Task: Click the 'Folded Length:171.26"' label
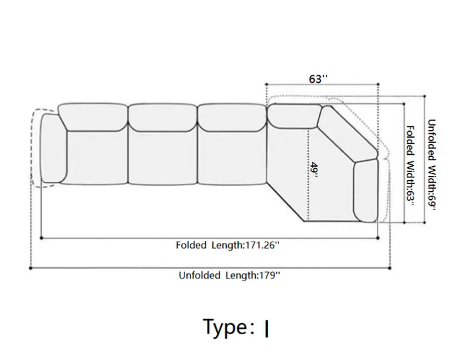pos(227,245)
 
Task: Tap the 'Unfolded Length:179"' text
pos(229,275)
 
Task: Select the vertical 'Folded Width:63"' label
pos(410,166)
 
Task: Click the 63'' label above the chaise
pos(318,79)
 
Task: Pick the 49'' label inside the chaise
pos(314,171)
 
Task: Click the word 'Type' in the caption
pos(225,327)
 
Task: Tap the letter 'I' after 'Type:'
pos(266,329)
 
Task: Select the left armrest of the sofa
pos(53,148)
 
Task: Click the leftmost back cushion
pos(93,117)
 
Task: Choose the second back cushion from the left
pos(163,118)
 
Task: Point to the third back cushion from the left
pos(232,118)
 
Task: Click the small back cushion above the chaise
pos(294,116)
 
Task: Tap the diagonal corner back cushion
pos(348,134)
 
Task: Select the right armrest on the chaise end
pos(366,191)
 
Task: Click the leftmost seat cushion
pos(97,157)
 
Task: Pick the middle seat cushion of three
pos(163,158)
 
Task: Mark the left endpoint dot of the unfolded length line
pos(30,268)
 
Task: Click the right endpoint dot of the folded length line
pos(378,238)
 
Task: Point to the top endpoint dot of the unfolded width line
pos(424,97)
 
